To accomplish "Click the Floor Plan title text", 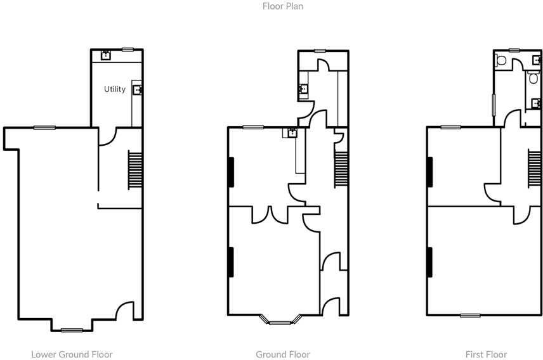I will pos(282,7).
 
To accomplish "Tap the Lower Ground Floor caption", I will pos(72,354).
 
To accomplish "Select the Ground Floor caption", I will pos(282,354).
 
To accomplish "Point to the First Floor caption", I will pos(486,354).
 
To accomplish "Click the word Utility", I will pos(115,89).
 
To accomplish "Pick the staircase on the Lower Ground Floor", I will pos(135,169).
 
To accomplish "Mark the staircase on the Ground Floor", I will pos(341,169).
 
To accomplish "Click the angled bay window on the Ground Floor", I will pos(279,320).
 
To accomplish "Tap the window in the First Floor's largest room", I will pos(470,316).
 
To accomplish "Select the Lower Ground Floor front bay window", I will pos(72,330).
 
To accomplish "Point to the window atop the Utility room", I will pos(128,49).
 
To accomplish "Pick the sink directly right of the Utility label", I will pos(137,89).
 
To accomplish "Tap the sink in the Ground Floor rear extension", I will pos(303,89).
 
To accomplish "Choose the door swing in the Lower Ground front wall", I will pos(125,311).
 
